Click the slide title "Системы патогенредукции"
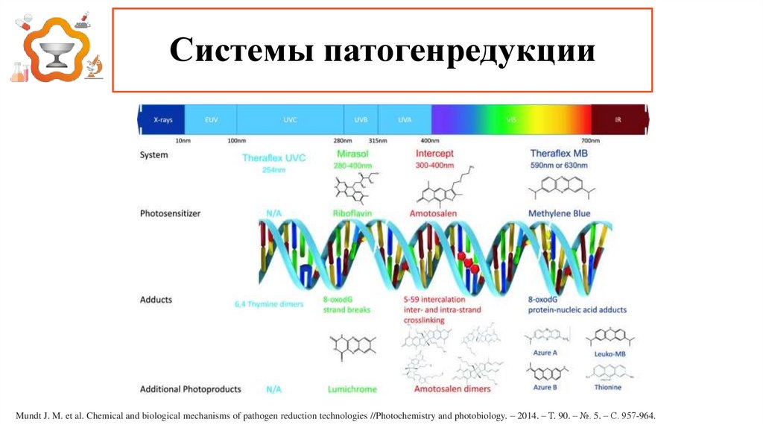tap(382, 51)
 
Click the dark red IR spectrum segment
tap(618, 119)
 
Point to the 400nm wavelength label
tap(430, 140)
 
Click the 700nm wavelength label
tap(590, 140)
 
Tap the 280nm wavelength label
tap(343, 140)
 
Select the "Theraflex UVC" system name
tap(274, 158)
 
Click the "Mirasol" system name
tap(347, 154)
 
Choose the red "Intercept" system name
tap(434, 154)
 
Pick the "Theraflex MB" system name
tap(559, 154)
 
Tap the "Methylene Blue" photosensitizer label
tap(559, 213)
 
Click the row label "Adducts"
tap(156, 300)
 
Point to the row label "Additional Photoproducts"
tap(191, 389)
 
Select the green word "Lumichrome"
tap(352, 389)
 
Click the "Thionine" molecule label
tap(607, 387)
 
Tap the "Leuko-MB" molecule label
tap(610, 353)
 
